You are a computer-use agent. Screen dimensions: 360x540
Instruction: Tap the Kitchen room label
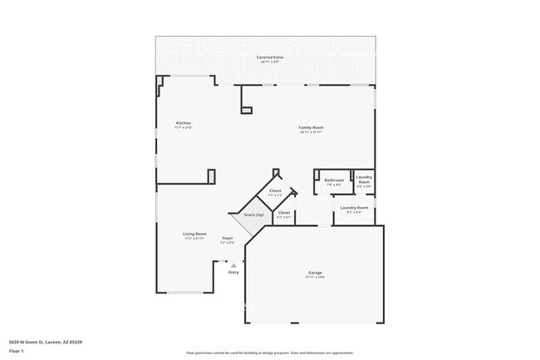tap(183, 123)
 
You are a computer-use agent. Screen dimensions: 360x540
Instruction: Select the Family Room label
tap(311, 127)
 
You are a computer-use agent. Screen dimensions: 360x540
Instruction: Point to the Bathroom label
tap(334, 180)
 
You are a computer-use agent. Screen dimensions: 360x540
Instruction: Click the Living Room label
tap(194, 234)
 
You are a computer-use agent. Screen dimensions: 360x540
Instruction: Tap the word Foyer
tap(227, 238)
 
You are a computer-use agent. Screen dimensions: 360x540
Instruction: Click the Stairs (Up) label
tap(254, 215)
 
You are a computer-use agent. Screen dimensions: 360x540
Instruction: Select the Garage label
tap(315, 273)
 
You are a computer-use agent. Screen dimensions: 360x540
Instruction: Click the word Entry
tap(233, 272)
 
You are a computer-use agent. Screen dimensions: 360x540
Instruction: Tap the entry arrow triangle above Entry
tap(233, 265)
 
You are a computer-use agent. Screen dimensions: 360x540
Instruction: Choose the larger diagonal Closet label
tap(275, 190)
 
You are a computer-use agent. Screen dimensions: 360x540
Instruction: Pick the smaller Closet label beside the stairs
tap(284, 213)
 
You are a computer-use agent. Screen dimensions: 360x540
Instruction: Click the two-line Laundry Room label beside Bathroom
tap(364, 179)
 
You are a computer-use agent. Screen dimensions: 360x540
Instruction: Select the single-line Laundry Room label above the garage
tap(353, 207)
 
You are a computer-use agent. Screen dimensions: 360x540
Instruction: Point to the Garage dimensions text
tap(315, 278)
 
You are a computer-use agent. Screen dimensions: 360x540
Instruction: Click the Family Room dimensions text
tap(311, 132)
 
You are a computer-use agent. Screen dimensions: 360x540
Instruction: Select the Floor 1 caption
tap(16, 351)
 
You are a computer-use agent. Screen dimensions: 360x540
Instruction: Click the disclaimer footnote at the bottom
tap(269, 353)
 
